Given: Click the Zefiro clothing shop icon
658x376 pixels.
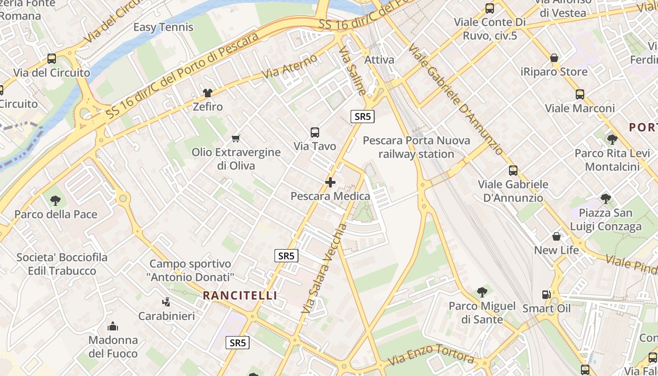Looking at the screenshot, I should [x=207, y=93].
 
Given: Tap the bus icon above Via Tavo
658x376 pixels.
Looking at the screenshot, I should [x=315, y=133].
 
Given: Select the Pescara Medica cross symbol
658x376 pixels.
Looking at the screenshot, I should [x=330, y=182].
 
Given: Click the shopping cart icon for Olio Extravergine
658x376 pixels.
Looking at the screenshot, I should [x=236, y=138].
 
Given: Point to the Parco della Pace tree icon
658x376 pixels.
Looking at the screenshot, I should [x=55, y=201].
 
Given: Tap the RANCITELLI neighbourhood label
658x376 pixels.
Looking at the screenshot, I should [x=240, y=296].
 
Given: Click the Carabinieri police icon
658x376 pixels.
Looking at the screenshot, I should [x=166, y=302].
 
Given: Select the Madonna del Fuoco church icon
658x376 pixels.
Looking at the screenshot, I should [x=113, y=326].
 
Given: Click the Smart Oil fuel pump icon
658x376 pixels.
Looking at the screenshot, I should [x=546, y=295].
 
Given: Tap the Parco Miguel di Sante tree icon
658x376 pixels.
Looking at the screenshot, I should [x=482, y=292].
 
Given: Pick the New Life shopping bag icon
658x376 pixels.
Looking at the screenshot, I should [x=556, y=236].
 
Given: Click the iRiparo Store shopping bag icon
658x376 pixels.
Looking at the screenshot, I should [x=554, y=58].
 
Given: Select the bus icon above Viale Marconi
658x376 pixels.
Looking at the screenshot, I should [x=580, y=94].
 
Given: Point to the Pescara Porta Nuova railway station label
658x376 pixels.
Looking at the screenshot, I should [x=416, y=147].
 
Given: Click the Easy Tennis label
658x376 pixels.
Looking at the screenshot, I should [x=163, y=27].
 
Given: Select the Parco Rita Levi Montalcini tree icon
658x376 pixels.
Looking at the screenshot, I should [x=612, y=139].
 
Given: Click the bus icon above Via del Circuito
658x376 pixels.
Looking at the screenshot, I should [x=52, y=59].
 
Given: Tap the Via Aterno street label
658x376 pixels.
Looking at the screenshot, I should [x=290, y=67].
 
